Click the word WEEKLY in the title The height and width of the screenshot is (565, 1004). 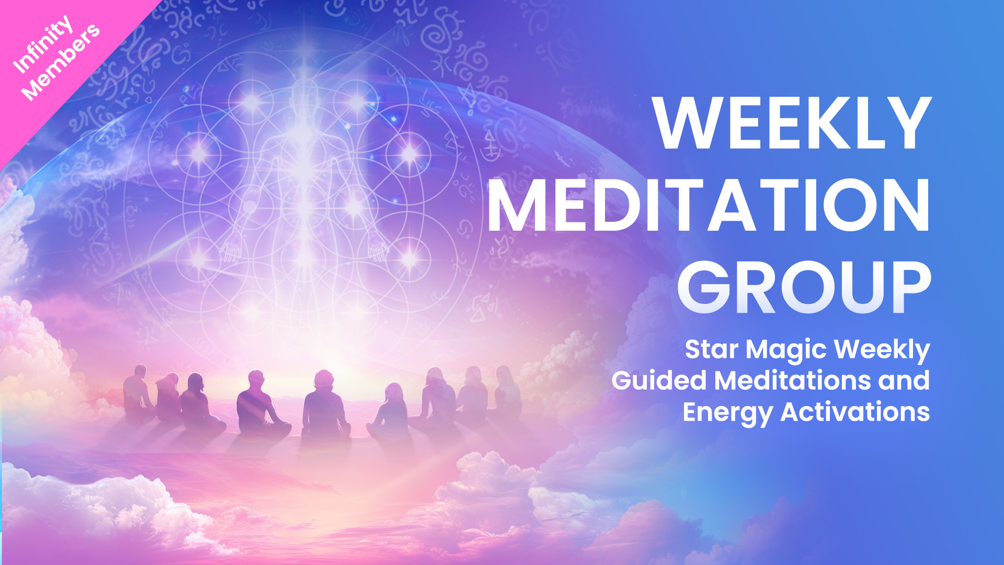click(x=792, y=123)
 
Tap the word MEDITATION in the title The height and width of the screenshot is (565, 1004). click(x=709, y=205)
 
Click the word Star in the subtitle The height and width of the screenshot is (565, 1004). click(x=712, y=349)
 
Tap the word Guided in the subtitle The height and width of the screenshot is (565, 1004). click(x=659, y=380)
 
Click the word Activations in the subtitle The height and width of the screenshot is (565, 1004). click(x=855, y=412)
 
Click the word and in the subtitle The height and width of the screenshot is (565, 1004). click(x=904, y=380)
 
